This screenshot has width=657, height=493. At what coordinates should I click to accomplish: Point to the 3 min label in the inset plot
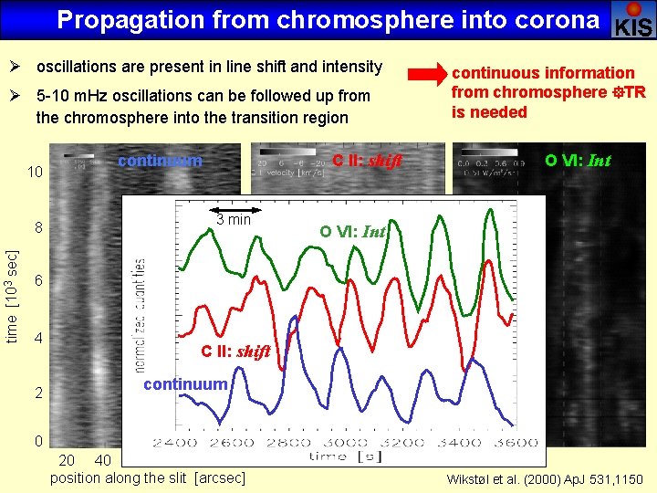(x=234, y=219)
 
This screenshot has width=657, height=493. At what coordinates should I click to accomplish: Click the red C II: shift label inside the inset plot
(x=235, y=351)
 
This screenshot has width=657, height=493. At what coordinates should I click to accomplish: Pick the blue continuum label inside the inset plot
(x=184, y=384)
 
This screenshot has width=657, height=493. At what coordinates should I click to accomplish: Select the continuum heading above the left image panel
(x=160, y=161)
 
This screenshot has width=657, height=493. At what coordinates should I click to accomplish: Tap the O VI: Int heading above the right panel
(x=577, y=161)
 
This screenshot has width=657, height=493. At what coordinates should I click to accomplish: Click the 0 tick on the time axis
(x=39, y=442)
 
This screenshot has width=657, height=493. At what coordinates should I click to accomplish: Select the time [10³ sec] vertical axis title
(x=13, y=283)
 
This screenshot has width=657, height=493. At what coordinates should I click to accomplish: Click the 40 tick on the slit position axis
(x=102, y=459)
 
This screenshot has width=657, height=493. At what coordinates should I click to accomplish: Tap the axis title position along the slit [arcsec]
(x=147, y=477)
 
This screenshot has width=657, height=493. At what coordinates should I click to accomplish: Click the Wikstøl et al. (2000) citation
(x=544, y=478)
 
